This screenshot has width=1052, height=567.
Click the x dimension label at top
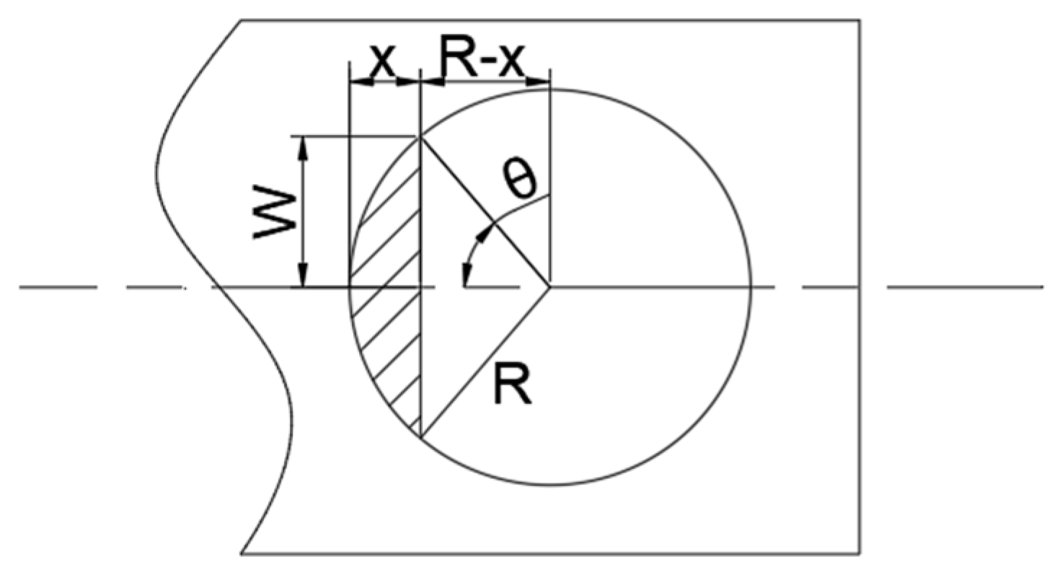tap(383, 61)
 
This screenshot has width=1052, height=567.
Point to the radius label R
tap(513, 385)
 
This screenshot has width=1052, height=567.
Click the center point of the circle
tap(550, 286)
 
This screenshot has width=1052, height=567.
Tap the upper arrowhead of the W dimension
tap(304, 147)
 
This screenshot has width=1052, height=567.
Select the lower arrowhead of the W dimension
tap(304, 275)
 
